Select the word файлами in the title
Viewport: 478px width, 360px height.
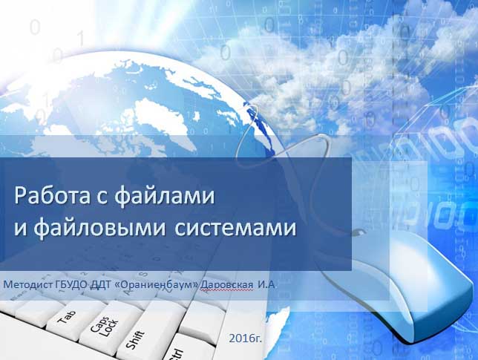coord(164,196)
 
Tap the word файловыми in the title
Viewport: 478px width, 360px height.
coord(99,228)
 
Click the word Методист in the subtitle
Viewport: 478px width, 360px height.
coord(28,285)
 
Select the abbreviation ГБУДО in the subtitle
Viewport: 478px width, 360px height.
coord(73,285)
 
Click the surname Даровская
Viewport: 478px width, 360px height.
coord(227,285)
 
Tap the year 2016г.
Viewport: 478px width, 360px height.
coord(245,338)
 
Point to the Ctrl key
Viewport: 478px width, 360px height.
coord(177,353)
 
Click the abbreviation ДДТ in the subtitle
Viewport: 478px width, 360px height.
coord(101,285)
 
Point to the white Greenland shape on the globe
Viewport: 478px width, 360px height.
coord(159,119)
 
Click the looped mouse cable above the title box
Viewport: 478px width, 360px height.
coord(284,149)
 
